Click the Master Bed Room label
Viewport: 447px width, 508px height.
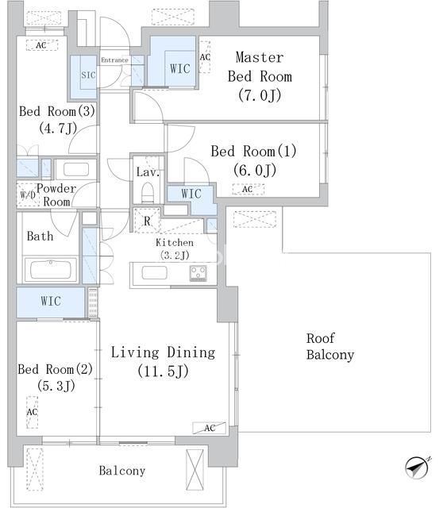click(x=260, y=76)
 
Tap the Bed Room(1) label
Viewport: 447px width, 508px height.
click(x=254, y=160)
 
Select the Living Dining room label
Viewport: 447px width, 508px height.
click(x=163, y=362)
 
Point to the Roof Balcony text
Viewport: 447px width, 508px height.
click(x=330, y=346)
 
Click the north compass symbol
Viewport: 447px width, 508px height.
click(x=417, y=468)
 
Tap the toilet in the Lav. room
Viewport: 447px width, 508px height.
click(x=148, y=192)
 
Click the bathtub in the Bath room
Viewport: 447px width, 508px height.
click(x=50, y=270)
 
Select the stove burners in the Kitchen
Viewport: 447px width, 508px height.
click(x=198, y=273)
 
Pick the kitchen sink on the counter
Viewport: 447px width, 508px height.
click(x=155, y=273)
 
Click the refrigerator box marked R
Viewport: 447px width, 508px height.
click(x=147, y=221)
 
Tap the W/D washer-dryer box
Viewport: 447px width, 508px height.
click(x=28, y=194)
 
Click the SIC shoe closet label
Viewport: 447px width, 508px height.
click(x=88, y=75)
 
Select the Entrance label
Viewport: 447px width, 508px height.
click(x=115, y=60)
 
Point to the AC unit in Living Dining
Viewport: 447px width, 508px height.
click(x=210, y=428)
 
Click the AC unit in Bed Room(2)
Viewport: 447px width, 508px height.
click(x=32, y=412)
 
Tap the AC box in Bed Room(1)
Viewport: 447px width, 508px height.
click(x=248, y=189)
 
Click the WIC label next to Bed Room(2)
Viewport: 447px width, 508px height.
click(x=51, y=301)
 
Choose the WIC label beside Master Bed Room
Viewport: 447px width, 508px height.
click(x=180, y=69)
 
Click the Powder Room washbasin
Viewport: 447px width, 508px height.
click(x=76, y=169)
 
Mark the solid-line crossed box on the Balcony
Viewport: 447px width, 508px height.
click(x=195, y=470)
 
